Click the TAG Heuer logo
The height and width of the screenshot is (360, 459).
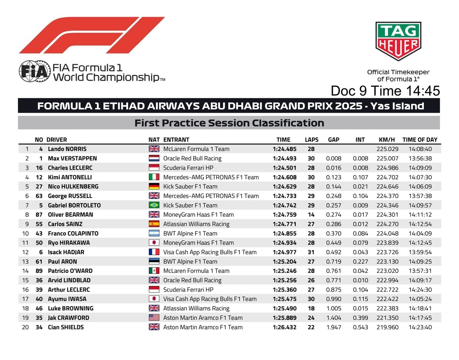(398, 41)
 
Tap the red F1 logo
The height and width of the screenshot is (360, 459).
(92, 35)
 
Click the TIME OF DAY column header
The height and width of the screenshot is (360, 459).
(420, 140)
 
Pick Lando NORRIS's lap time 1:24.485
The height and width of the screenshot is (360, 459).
(285, 149)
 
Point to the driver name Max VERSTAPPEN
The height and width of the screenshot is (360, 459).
(72, 159)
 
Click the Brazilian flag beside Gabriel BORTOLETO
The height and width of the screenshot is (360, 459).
(154, 205)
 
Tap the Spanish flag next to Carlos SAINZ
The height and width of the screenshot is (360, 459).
(154, 224)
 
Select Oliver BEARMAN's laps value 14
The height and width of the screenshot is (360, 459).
(311, 215)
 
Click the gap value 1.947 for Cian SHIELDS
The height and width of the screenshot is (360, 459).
(334, 327)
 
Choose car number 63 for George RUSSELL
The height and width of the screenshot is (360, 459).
(39, 196)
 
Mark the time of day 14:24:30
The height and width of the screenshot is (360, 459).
(420, 290)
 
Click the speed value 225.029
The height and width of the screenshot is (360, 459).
(388, 149)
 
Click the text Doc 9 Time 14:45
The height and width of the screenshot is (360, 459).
(385, 91)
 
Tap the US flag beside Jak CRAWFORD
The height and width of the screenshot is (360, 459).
(154, 318)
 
